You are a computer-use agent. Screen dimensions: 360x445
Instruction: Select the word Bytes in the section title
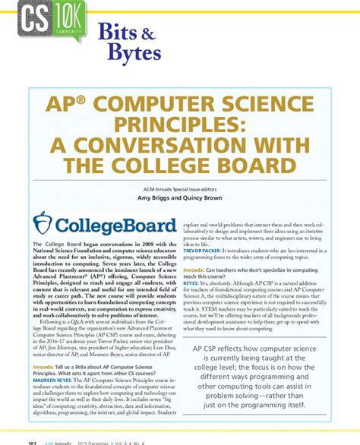click(134, 53)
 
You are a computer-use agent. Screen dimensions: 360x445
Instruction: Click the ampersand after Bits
click(150, 33)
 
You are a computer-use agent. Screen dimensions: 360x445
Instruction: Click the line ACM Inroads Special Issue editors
click(180, 187)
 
